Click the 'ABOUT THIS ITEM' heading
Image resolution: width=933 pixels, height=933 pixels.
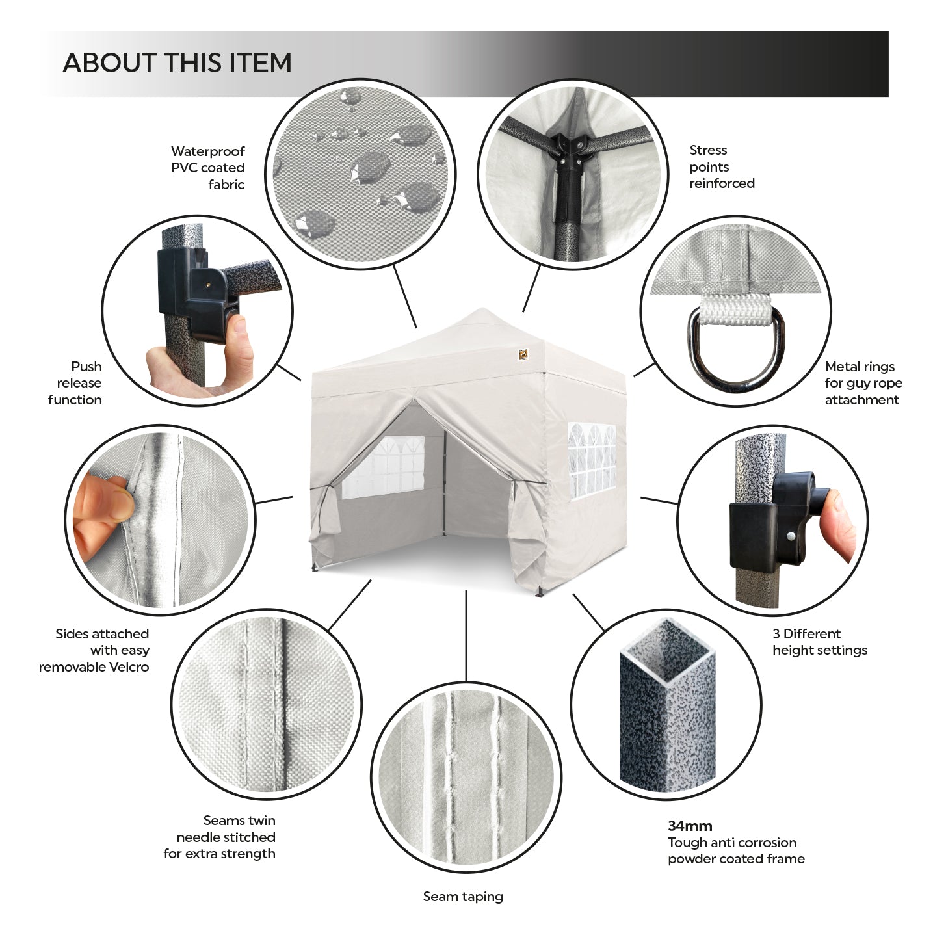[177, 63]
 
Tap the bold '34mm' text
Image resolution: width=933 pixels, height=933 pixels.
[690, 826]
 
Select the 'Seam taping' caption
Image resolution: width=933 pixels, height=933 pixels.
[464, 897]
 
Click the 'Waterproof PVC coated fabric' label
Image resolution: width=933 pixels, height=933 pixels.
[207, 168]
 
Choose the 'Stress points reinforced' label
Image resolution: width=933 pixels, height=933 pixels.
[722, 166]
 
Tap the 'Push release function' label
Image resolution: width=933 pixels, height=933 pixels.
[75, 383]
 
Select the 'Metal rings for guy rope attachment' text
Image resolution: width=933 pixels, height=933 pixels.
[864, 383]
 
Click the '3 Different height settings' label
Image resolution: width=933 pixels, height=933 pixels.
[820, 642]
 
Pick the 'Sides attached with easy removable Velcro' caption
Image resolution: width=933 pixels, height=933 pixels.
[94, 650]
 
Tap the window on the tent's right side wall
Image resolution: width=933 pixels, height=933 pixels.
[592, 461]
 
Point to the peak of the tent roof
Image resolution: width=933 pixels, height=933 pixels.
[481, 309]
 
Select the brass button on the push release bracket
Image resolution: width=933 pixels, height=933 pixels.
[208, 285]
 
